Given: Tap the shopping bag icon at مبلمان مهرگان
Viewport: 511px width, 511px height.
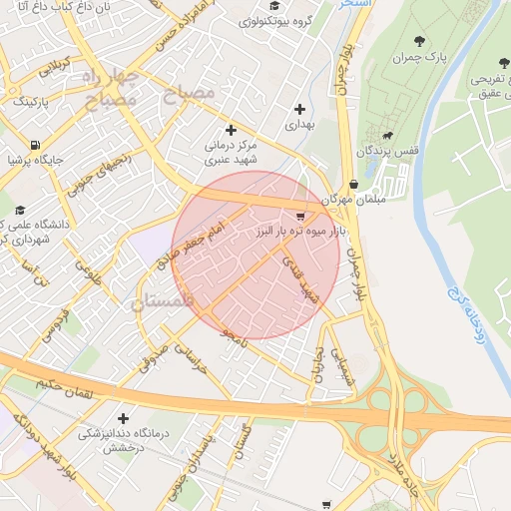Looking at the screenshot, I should [x=355, y=184].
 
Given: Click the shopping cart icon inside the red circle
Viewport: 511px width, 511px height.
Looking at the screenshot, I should [x=301, y=216].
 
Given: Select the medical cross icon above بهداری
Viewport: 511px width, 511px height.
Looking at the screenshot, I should [x=299, y=109].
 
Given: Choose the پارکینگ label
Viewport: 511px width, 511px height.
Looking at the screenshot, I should [x=33, y=101].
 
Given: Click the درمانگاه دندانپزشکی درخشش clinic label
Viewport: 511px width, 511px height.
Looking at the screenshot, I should [x=122, y=440].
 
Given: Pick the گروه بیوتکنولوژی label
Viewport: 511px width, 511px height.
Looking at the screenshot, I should [x=270, y=20].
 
